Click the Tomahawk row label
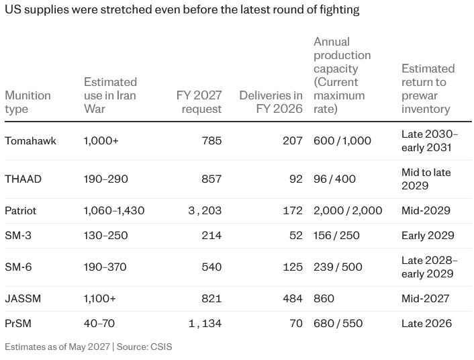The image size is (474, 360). (x=30, y=140)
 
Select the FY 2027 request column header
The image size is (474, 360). (x=199, y=102)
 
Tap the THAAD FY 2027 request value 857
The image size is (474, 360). (x=211, y=179)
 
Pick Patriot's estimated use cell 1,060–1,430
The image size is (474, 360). (x=114, y=210)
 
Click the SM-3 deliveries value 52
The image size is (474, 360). (x=295, y=235)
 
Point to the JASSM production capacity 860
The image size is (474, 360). (x=324, y=299)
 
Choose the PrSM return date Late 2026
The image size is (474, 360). (x=426, y=323)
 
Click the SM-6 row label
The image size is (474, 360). (x=18, y=267)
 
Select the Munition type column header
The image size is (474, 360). (x=28, y=102)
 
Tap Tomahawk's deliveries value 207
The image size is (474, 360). (x=293, y=140)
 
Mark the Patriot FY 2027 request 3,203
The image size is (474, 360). (x=205, y=210)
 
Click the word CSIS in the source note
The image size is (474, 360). (x=161, y=347)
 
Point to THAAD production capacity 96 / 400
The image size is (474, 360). (x=334, y=179)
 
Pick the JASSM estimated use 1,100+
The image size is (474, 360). (x=100, y=299)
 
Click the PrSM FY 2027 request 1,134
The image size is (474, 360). (x=205, y=323)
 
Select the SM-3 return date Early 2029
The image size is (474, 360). (x=428, y=235)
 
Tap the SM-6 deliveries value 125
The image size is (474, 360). (x=293, y=267)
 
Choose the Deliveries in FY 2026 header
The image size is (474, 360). (x=271, y=102)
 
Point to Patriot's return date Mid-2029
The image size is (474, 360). (x=426, y=210)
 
